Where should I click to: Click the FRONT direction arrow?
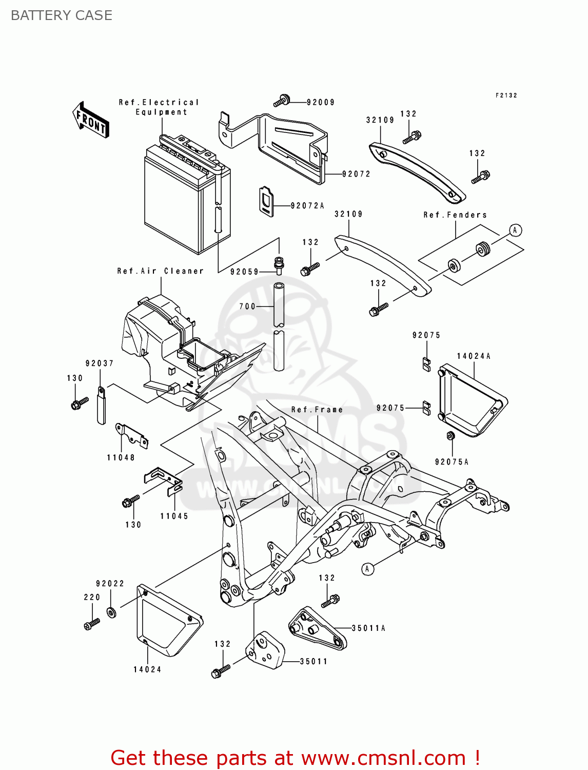coord(91,120)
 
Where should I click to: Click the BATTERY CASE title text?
coord(61,15)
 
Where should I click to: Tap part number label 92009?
coord(321,102)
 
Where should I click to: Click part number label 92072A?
coord(307,206)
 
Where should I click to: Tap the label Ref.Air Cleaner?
coord(160,271)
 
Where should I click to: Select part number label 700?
coord(247,306)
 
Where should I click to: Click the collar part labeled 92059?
coord(279,265)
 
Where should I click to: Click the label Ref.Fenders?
coord(455,215)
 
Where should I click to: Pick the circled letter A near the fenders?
coord(515,230)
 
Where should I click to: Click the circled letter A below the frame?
coord(367,569)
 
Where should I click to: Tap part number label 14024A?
coord(474,356)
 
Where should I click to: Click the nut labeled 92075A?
coord(450,436)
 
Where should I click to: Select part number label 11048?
coord(121,457)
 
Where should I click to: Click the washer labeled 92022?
coord(111,612)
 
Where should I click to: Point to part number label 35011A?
coord(368,628)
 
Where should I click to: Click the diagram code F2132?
coord(506,95)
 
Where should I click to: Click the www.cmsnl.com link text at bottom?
coord(383,758)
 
